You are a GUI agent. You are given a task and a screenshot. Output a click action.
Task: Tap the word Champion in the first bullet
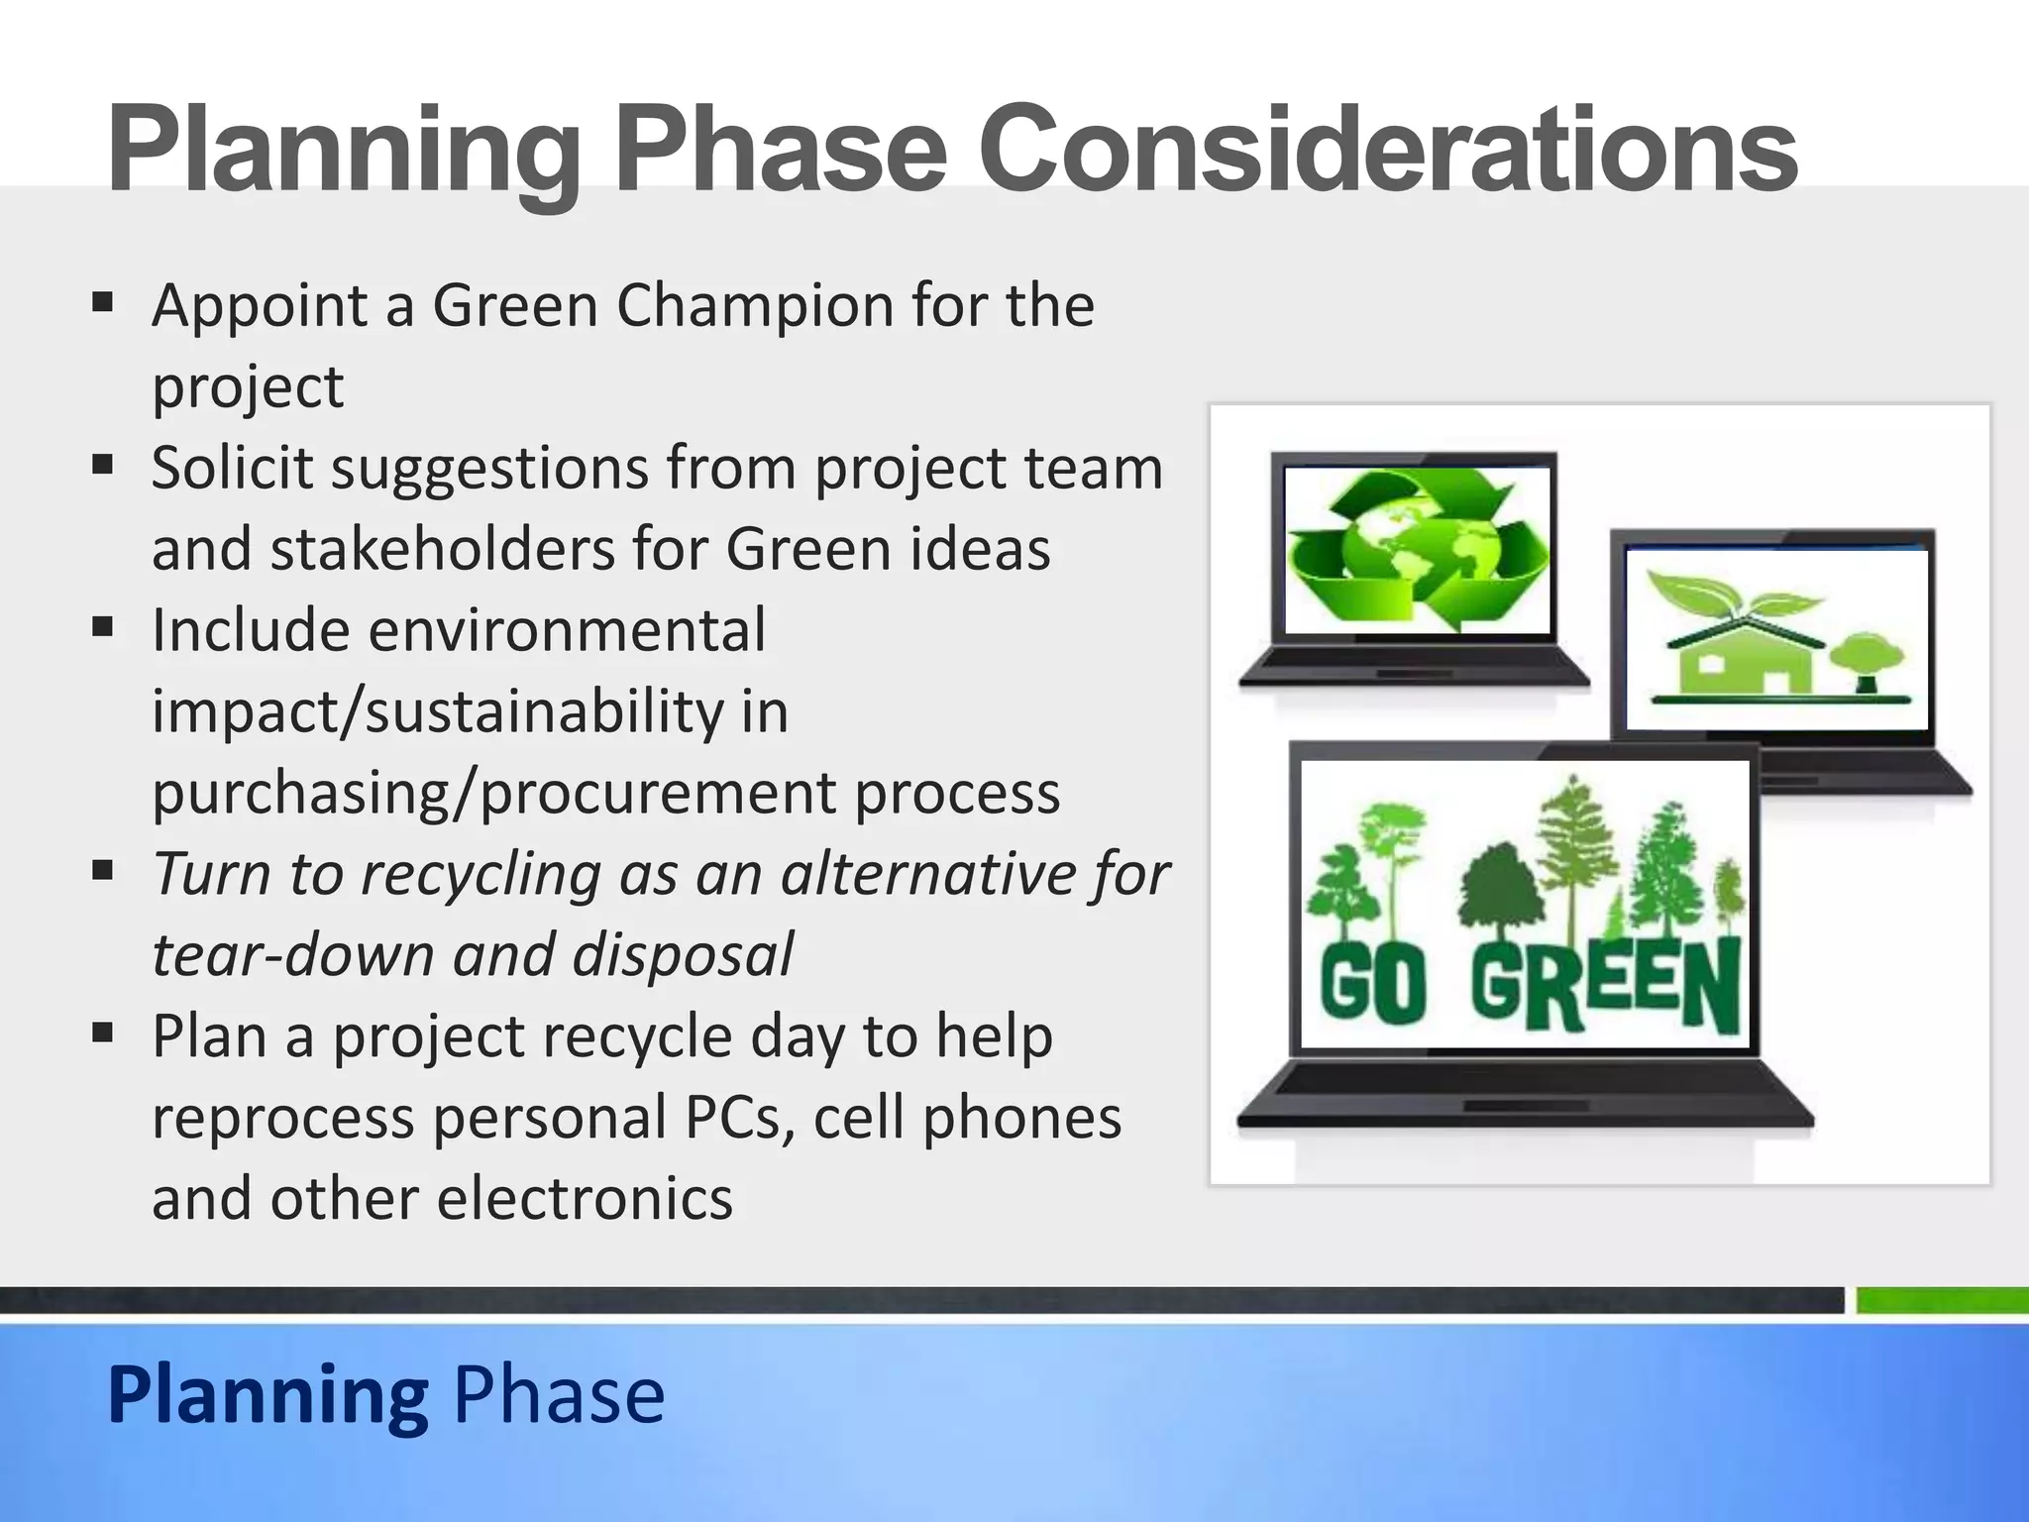(756, 305)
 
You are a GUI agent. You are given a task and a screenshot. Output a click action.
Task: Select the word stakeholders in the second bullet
(441, 549)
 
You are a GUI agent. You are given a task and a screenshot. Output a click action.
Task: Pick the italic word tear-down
(293, 955)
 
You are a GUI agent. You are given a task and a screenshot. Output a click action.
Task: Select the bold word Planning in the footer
(267, 1395)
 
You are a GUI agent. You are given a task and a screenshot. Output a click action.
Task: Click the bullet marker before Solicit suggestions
(103, 464)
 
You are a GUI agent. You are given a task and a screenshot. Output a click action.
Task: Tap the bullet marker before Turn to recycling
(103, 870)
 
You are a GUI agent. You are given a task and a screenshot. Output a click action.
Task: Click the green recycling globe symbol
(1417, 551)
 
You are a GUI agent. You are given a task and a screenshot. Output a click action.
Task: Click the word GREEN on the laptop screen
(1605, 983)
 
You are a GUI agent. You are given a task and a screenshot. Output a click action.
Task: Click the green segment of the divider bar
(1940, 1300)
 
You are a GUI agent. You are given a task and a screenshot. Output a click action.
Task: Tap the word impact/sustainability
(470, 711)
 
